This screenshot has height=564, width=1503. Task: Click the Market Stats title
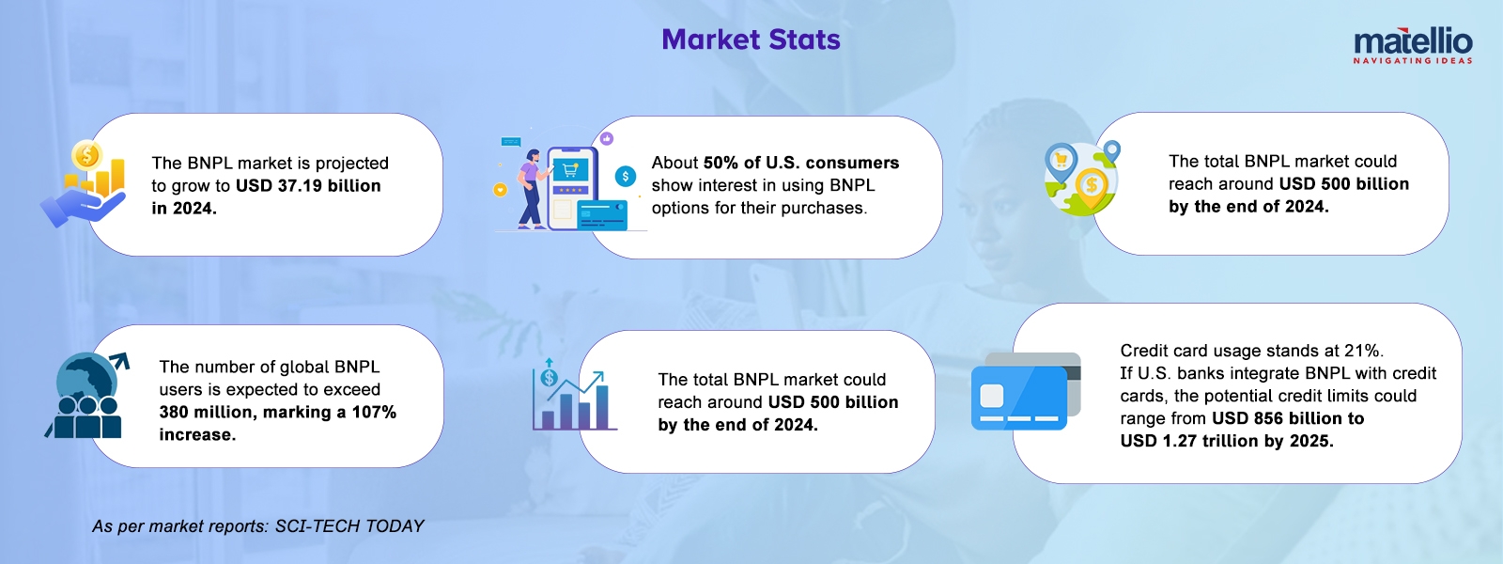click(x=751, y=39)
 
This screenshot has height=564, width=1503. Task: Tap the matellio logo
click(x=1413, y=46)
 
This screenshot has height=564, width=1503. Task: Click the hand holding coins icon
click(x=84, y=183)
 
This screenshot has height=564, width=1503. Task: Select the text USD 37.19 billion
click(x=308, y=185)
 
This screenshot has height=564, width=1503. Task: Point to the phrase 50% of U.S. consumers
click(x=801, y=163)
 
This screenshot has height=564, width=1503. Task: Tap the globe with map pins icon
click(x=1081, y=178)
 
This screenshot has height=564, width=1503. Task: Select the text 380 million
click(x=206, y=413)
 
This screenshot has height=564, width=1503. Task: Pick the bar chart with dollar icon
click(x=574, y=394)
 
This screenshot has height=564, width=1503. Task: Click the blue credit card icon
click(x=1026, y=391)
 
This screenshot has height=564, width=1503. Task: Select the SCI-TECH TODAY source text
click(x=349, y=525)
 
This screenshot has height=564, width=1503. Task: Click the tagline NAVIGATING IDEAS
click(x=1413, y=60)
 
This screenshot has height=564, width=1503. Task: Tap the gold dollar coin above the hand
click(x=87, y=156)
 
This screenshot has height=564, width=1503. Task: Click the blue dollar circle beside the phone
click(x=626, y=177)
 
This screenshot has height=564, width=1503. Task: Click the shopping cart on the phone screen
click(x=570, y=170)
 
